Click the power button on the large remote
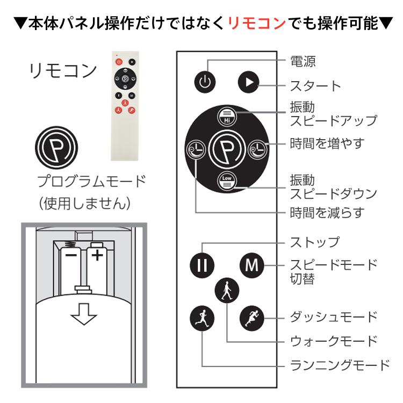205,82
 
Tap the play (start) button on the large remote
248,82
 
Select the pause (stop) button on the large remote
202,265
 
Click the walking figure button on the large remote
226,291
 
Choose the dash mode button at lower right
251,318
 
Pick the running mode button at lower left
202,318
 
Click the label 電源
303,61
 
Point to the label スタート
315,86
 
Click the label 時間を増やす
327,143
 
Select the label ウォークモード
334,341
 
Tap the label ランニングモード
340,366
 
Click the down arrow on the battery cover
83,313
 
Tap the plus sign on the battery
97,254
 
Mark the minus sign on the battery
70,254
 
